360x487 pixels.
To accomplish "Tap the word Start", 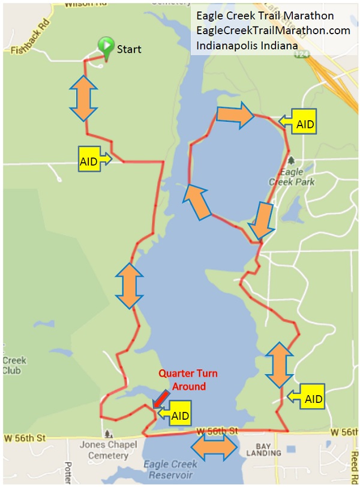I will coord(129,49).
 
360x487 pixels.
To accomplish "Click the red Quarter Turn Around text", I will coord(188,380).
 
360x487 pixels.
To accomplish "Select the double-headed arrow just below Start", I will coord(83,97).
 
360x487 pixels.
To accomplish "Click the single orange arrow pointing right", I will coord(235,115).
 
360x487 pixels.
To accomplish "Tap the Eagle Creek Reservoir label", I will coord(171,470).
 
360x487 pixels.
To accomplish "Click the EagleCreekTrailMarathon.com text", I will coord(273,30).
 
